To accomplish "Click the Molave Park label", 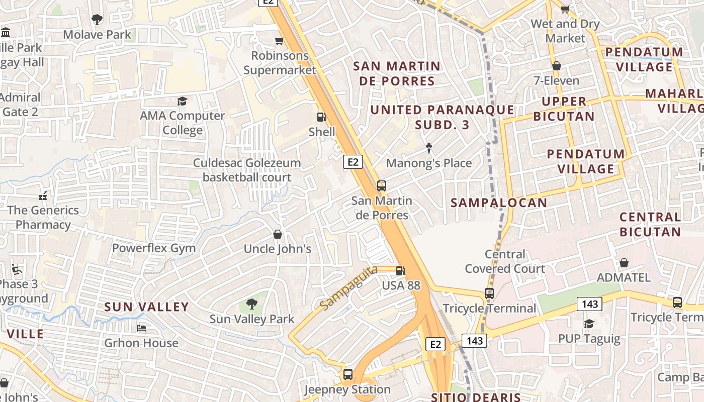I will pyautogui.click(x=97, y=35).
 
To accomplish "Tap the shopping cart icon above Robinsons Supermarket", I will pyautogui.click(x=279, y=41).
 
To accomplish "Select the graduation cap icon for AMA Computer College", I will pyautogui.click(x=182, y=102).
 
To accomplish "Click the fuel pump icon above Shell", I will pyautogui.click(x=321, y=118).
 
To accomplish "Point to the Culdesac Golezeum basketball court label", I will pyautogui.click(x=247, y=170).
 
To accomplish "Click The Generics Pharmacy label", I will pyautogui.click(x=43, y=217).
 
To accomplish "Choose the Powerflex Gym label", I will pyautogui.click(x=154, y=248).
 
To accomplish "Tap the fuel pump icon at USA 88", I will pyautogui.click(x=400, y=271).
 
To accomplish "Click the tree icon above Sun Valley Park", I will pyautogui.click(x=251, y=304).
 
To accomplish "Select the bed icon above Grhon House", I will pyautogui.click(x=141, y=328).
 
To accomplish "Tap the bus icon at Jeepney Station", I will pyautogui.click(x=347, y=374).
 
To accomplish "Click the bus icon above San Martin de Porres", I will pyautogui.click(x=382, y=186).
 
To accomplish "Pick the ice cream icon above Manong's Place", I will pyautogui.click(x=428, y=148).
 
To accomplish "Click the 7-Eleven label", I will pyautogui.click(x=556, y=80).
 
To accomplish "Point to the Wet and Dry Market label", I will pyautogui.click(x=565, y=31).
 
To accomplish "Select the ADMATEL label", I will pyautogui.click(x=624, y=277).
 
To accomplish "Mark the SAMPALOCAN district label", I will pyautogui.click(x=498, y=203).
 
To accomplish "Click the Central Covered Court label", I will pyautogui.click(x=504, y=261).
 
